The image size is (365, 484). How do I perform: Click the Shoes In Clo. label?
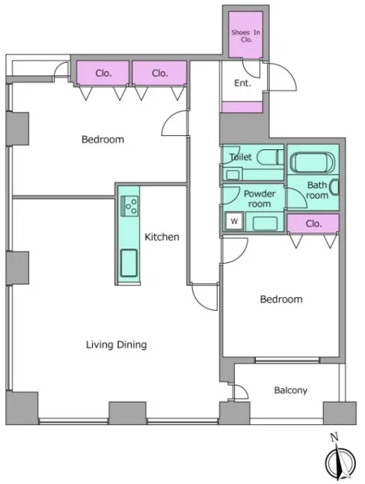[246, 36]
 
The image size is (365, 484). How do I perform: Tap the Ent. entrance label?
[242, 83]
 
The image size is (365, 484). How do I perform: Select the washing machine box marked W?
[234, 221]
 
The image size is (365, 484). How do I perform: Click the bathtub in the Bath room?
[313, 163]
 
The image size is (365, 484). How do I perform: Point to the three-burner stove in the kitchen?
[129, 206]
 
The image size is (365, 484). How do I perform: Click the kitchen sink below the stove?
[129, 263]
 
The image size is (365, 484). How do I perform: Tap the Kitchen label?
[162, 237]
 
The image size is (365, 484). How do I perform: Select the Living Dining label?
[116, 344]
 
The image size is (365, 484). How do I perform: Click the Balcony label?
[290, 391]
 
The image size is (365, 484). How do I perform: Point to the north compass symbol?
[340, 462]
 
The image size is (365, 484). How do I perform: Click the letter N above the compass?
[334, 437]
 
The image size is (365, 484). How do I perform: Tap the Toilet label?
[240, 157]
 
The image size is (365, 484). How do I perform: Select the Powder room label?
[260, 199]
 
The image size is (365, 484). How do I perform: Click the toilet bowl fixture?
[270, 158]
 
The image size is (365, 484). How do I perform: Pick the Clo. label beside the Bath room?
[313, 223]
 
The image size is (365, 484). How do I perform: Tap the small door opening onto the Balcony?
[240, 392]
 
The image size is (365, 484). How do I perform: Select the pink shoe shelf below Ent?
[242, 107]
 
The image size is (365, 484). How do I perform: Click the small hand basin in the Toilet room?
[233, 175]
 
